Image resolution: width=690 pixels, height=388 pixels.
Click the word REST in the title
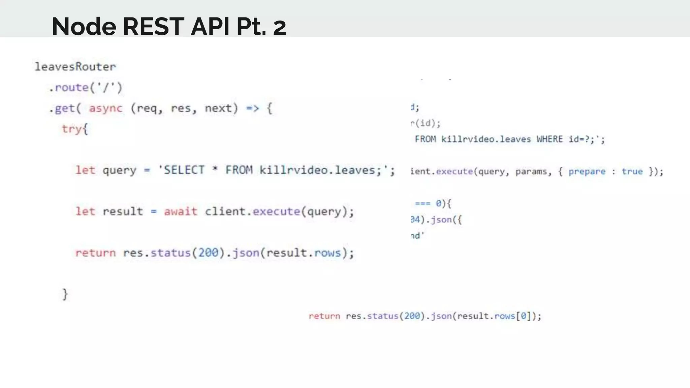point(153,26)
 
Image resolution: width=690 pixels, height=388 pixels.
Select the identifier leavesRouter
point(75,67)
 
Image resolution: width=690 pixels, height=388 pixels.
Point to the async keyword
point(105,108)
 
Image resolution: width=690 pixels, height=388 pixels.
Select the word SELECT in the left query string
point(184,170)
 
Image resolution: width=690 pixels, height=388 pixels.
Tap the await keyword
point(181,212)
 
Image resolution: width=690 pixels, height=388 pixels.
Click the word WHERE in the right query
point(550,139)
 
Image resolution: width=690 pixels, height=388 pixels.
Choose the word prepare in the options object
point(587,171)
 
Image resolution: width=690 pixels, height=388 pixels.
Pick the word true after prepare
point(632,171)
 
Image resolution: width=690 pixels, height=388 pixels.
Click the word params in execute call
point(531,171)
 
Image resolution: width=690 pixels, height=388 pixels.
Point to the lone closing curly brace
point(65,294)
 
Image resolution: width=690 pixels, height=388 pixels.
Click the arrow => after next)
point(252,108)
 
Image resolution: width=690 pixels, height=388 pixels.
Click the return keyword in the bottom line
point(324,316)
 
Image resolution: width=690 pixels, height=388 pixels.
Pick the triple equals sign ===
point(422,203)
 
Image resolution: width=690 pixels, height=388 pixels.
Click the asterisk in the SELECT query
point(215,169)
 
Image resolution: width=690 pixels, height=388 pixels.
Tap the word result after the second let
point(123,212)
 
